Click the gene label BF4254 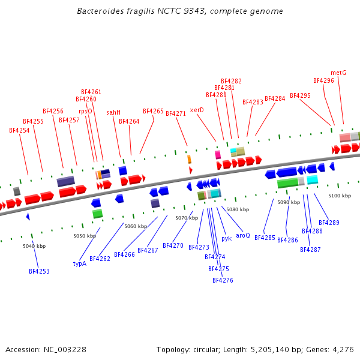[x=19, y=130]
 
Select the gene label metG [x=338, y=73]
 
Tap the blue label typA [x=80, y=263]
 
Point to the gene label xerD [x=197, y=110]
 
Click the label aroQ [x=243, y=235]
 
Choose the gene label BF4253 [x=39, y=271]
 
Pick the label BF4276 [x=223, y=280]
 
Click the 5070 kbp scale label [x=187, y=218]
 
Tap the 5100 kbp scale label [x=340, y=196]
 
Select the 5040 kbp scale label [x=34, y=246]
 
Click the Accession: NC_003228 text [x=46, y=349]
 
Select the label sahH [x=113, y=112]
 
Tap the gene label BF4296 [x=323, y=80]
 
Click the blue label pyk [x=226, y=238]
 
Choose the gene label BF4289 [x=329, y=223]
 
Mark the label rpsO [x=85, y=111]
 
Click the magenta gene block [x=218, y=155]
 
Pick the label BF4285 [x=265, y=238]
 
